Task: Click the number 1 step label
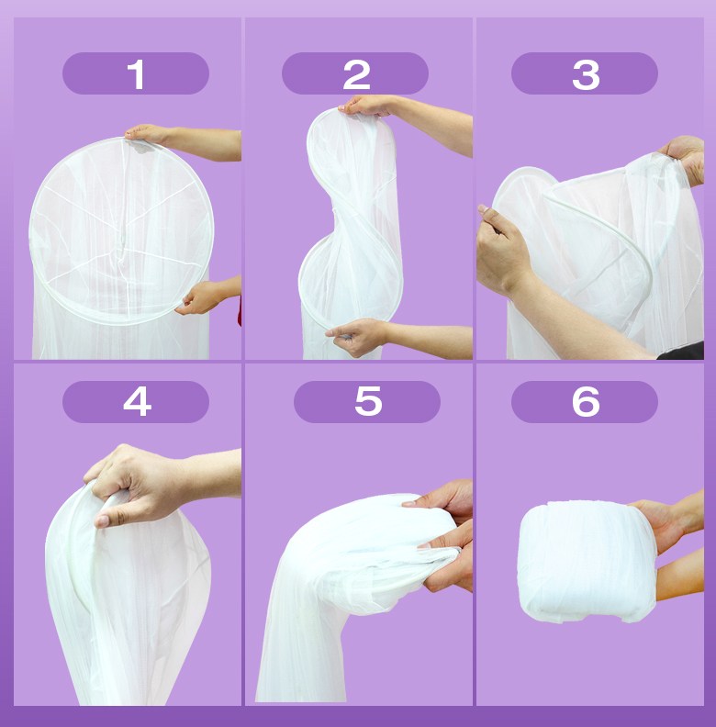pos(136,73)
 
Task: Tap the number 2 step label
pos(355,73)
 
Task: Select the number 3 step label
pos(585,73)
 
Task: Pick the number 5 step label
pos(367,401)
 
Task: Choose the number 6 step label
pos(585,401)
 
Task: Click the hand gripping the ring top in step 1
pos(148,134)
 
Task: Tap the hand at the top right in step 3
pos(685,158)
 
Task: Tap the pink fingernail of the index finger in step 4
pos(102,521)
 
